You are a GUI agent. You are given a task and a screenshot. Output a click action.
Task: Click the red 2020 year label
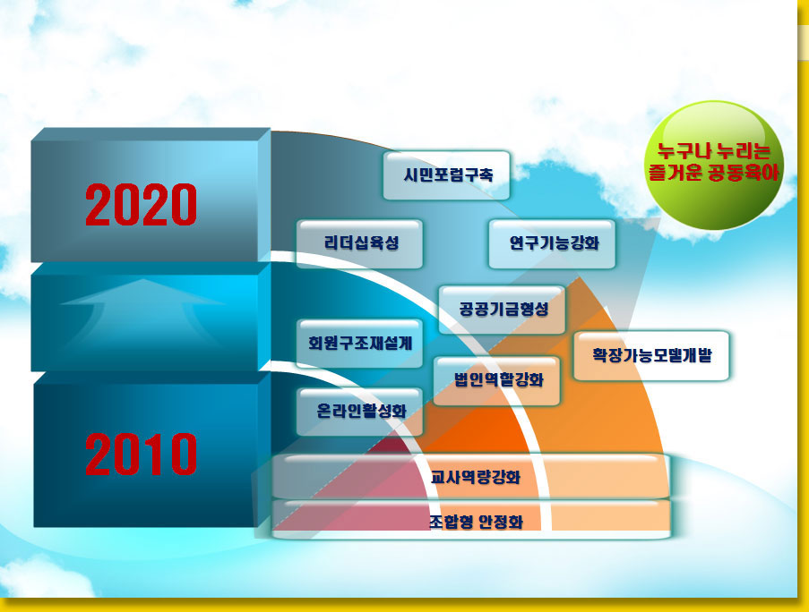click(141, 205)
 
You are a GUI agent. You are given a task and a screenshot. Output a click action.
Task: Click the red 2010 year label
click(141, 454)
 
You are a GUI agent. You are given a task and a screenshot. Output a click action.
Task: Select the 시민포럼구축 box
click(446, 175)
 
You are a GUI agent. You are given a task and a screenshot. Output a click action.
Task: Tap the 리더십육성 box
click(359, 243)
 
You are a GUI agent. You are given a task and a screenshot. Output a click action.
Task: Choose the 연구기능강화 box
click(552, 243)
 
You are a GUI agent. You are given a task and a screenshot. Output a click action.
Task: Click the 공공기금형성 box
click(502, 310)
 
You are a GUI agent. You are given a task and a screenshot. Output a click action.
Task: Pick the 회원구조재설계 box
click(359, 343)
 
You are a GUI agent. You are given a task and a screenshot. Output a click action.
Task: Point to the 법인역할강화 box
click(497, 380)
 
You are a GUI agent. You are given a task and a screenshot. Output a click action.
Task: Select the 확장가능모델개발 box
click(651, 355)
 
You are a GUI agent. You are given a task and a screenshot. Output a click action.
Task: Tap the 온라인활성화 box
click(359, 411)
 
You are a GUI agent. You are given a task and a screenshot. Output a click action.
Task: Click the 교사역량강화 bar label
click(476, 477)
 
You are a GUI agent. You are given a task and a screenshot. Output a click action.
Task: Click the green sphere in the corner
click(715, 165)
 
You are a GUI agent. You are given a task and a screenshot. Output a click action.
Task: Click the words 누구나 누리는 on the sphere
click(714, 151)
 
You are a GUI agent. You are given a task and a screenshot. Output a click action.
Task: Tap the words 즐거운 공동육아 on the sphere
click(714, 173)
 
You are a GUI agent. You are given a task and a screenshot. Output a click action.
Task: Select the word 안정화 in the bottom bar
click(501, 522)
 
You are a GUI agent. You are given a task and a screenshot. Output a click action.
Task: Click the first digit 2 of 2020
click(99, 205)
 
